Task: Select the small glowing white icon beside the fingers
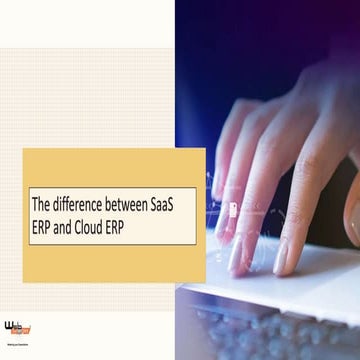point(233,210)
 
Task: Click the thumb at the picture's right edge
point(352,215)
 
